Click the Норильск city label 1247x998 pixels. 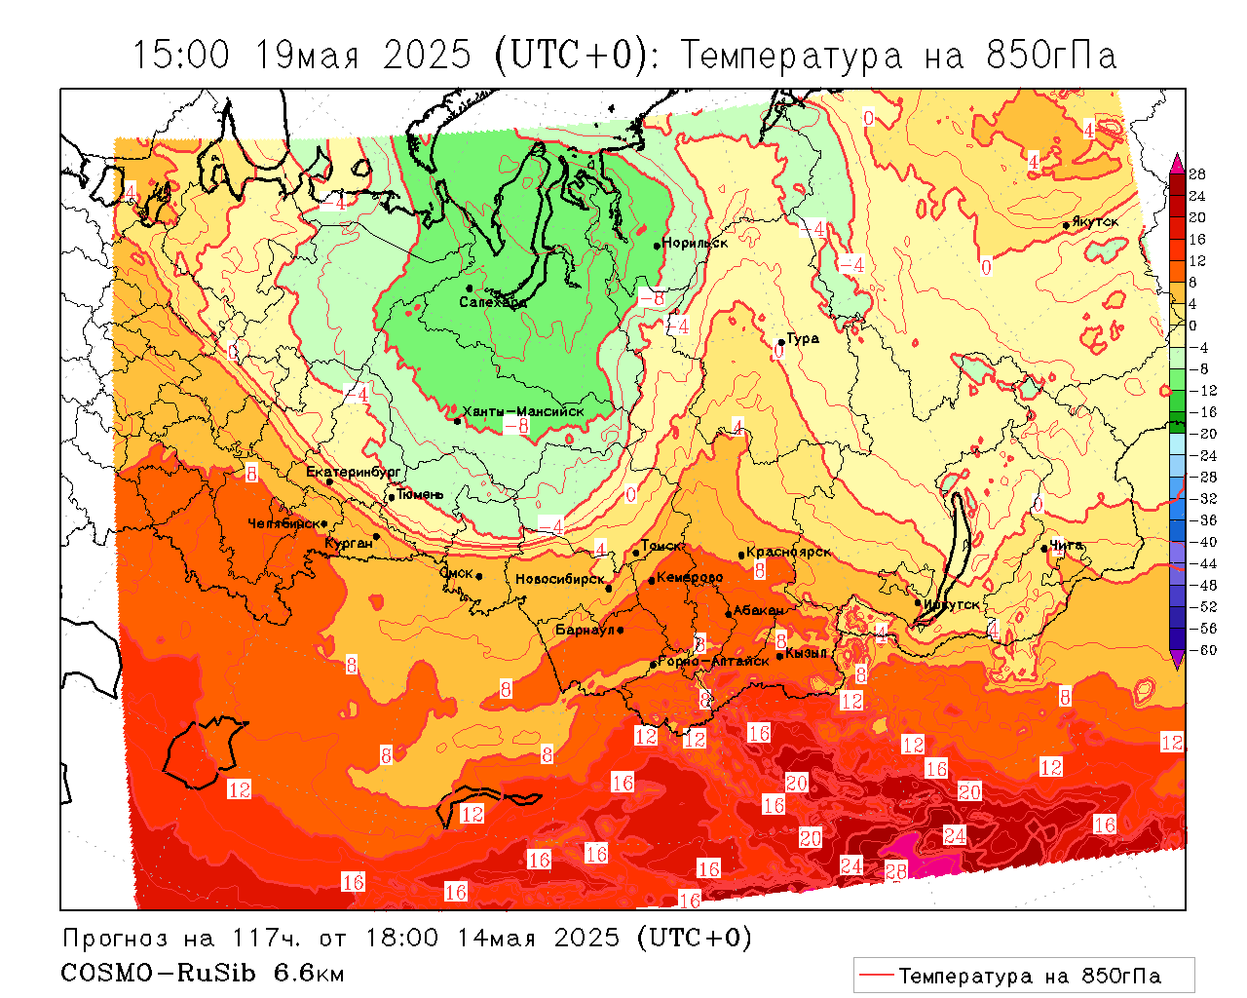click(695, 243)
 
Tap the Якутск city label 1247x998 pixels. click(1095, 222)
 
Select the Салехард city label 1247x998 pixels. click(493, 302)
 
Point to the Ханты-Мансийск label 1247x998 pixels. click(523, 411)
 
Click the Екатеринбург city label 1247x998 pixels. click(354, 472)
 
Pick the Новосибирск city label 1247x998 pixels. click(560, 580)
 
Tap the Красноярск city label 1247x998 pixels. click(789, 552)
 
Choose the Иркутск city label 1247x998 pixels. click(951, 604)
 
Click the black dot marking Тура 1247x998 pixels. click(780, 342)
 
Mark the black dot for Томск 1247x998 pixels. click(636, 553)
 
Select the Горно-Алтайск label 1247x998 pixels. click(714, 661)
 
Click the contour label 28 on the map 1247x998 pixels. click(895, 871)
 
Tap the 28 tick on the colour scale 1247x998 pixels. click(1197, 174)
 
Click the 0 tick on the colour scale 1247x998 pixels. click(1192, 326)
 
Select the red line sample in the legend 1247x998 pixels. click(876, 976)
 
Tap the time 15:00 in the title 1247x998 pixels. click(181, 56)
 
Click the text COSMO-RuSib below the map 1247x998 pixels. click(163, 973)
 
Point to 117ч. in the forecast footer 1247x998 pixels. click(265, 939)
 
